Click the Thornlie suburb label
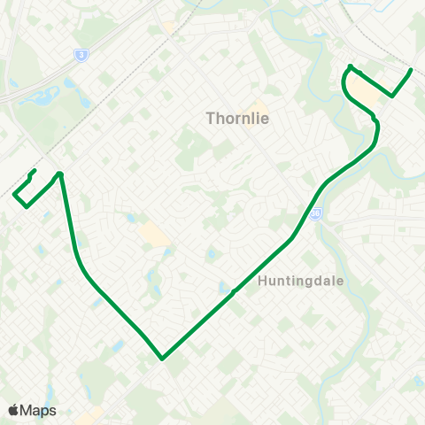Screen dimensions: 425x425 (236, 117)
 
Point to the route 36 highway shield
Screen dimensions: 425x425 (316, 213)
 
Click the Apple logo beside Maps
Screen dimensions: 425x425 (14, 410)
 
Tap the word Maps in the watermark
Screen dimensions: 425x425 (38, 410)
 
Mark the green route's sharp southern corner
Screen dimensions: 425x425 (163, 359)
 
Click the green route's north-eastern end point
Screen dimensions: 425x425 (412, 69)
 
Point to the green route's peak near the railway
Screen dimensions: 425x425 (60, 173)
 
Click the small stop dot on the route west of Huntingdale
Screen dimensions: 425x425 (233, 291)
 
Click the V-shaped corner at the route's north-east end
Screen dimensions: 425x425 (392, 96)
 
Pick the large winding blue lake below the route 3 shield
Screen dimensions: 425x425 (40, 92)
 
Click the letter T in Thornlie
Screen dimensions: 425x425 (210, 117)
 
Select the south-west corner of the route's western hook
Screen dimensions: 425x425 (27, 206)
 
